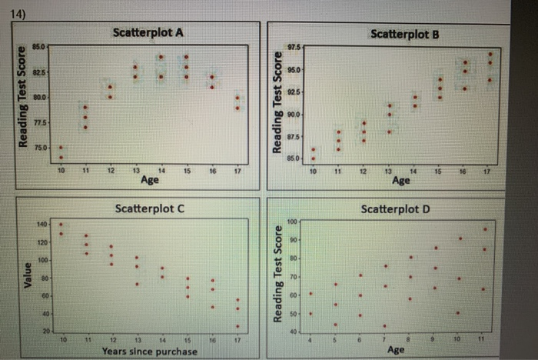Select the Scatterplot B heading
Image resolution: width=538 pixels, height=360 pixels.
(x=404, y=35)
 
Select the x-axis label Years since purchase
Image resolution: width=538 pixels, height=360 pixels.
(x=150, y=352)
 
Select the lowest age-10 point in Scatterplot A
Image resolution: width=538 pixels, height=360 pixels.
(x=61, y=158)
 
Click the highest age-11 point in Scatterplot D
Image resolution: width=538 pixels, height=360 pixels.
(x=485, y=229)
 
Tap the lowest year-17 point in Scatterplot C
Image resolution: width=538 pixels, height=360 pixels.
(x=237, y=325)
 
